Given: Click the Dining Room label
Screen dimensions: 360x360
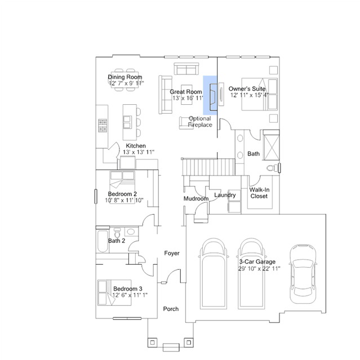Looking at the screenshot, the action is (x=125, y=77).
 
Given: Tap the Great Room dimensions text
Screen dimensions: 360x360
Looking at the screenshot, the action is (x=188, y=98).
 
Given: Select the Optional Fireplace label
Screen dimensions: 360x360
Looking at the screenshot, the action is (x=200, y=122).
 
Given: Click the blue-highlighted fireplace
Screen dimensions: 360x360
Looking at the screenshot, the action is (x=210, y=95).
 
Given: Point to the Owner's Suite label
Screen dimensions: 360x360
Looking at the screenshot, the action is (x=247, y=88).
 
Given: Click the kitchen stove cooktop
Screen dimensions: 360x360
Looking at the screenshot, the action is (x=103, y=126).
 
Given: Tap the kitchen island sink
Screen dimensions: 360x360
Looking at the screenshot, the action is (x=127, y=122).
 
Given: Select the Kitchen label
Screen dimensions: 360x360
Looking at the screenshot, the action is (x=136, y=146).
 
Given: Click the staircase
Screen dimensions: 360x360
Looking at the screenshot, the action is (x=208, y=167).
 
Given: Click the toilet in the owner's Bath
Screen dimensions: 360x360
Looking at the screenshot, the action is (x=273, y=168).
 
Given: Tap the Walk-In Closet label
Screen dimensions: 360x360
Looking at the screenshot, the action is (x=259, y=193).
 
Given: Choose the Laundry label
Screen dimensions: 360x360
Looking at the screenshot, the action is (x=225, y=195).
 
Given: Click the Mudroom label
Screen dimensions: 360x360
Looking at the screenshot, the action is (x=196, y=199).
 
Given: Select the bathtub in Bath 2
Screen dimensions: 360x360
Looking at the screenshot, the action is (x=103, y=241).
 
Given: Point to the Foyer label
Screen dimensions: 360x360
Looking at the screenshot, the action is (x=172, y=253).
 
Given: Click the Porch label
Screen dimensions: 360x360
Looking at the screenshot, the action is (x=171, y=309).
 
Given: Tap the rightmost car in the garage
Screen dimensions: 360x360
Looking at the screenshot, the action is (x=303, y=274).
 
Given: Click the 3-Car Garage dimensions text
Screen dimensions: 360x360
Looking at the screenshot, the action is (x=259, y=268).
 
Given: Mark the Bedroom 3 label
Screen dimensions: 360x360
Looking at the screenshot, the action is (x=128, y=288).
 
